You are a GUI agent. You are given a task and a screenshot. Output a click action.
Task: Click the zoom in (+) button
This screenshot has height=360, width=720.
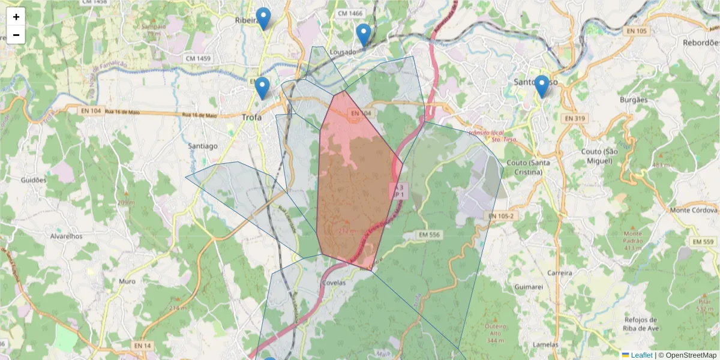point(16,17)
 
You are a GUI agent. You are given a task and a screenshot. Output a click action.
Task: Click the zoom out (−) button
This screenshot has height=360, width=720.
point(16,35)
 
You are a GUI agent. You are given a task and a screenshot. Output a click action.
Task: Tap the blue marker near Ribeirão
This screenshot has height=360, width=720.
point(263,19)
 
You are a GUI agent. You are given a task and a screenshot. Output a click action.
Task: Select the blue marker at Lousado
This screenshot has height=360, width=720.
point(363,35)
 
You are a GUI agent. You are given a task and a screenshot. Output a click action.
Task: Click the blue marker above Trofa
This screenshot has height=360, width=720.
point(262,88)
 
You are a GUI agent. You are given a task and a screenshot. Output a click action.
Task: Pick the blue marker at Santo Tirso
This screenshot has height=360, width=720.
point(542,86)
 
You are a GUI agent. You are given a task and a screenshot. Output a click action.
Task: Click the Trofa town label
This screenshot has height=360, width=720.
point(251,118)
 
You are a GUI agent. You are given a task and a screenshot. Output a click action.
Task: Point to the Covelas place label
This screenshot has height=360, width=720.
point(334,283)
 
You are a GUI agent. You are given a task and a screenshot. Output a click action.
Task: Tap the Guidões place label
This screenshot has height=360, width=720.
point(34,180)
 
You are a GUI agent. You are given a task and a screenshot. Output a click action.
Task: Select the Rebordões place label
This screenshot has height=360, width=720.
point(701,43)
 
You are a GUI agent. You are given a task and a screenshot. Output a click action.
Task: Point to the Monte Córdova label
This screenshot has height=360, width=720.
point(694,210)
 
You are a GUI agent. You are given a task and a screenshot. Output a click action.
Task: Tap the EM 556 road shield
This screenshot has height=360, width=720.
point(430,235)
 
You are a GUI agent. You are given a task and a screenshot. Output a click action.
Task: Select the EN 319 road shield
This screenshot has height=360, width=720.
point(574,119)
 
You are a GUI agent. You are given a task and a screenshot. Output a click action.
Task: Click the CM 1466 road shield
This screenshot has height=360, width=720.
point(350,13)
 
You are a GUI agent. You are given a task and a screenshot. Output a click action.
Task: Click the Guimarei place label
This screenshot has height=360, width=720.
point(529,287)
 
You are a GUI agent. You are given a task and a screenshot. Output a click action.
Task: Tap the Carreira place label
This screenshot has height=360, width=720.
point(559,272)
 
